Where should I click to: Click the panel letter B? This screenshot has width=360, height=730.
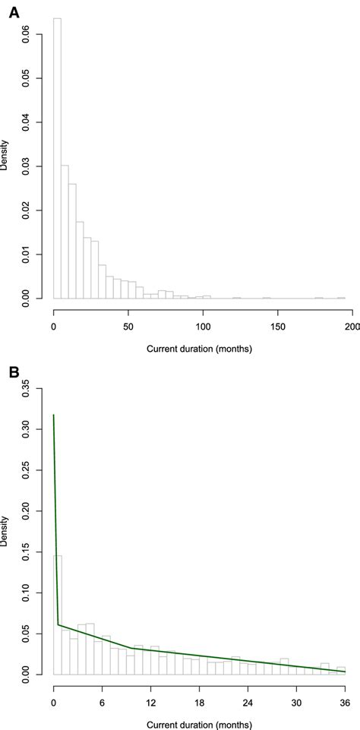coord(14,373)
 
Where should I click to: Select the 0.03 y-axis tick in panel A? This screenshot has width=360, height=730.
coord(26,166)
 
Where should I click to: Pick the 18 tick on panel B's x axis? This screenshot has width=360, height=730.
coord(199,701)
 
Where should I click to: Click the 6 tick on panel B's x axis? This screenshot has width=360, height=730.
coord(102,701)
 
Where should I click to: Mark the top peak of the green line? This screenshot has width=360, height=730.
coord(53,415)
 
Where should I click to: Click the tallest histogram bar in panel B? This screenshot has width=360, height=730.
coord(57,615)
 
